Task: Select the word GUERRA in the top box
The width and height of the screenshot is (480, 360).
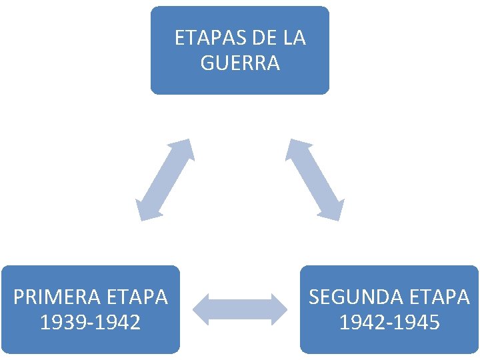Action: pyautogui.click(x=240, y=63)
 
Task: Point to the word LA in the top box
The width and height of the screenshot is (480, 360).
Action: pyautogui.click(x=294, y=38)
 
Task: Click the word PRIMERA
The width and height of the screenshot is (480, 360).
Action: pyautogui.click(x=53, y=297)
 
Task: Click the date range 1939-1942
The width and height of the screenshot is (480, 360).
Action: pyautogui.click(x=90, y=323)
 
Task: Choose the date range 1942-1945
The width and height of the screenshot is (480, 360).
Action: pyautogui.click(x=389, y=323)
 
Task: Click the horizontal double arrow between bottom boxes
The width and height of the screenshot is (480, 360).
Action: pyautogui.click(x=240, y=309)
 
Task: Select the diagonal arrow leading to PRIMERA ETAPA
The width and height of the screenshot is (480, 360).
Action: pyautogui.click(x=165, y=179)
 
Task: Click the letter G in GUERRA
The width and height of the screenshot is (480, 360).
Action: pyautogui.click(x=207, y=63)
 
